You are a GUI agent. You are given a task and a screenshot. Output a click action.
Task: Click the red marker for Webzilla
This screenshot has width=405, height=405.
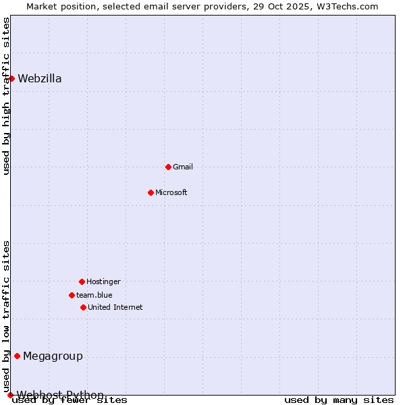point(11,78)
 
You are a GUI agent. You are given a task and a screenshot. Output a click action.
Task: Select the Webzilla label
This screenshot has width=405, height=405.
point(40,78)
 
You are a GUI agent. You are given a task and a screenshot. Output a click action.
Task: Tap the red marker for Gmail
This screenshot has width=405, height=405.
point(168,167)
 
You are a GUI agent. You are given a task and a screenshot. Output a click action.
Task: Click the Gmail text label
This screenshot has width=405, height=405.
point(183,167)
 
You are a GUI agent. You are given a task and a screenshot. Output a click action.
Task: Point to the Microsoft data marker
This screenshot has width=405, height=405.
point(151,192)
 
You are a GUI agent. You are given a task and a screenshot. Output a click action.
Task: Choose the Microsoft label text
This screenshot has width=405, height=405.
point(171,192)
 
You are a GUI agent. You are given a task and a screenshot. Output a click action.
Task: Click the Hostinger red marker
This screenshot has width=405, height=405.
point(82,281)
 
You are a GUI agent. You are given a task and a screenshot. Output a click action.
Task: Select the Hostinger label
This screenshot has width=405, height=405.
point(103,281)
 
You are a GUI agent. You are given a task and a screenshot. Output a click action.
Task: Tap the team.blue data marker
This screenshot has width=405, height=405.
point(72,295)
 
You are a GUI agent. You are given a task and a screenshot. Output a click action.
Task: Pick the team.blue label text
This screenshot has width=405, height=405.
point(94,295)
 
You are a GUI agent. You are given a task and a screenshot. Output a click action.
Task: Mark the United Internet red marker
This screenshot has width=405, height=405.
point(83,307)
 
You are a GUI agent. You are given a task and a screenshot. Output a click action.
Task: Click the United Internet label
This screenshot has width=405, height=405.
point(115,307)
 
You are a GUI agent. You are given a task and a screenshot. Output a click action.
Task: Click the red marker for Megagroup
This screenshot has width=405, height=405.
point(17,356)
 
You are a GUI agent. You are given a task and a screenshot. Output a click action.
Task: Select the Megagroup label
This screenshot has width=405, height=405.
point(53,356)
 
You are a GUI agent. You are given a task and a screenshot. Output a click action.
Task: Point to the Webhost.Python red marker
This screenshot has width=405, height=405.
point(10,395)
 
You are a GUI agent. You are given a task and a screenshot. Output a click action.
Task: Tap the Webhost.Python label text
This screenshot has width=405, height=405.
point(60,395)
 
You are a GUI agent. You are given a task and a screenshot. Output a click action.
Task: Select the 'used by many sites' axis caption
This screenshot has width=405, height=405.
point(339,400)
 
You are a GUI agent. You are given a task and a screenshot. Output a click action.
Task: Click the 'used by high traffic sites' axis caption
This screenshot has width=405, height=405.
point(7,96)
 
